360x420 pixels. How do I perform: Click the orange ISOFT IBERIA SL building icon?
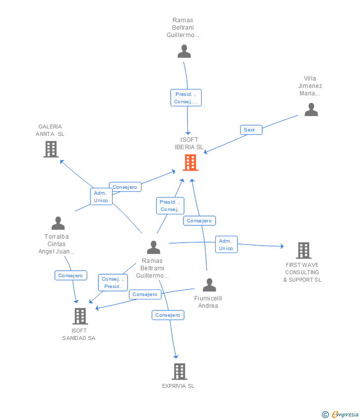[x=190, y=163]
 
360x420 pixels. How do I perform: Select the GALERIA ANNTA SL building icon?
[x=51, y=149]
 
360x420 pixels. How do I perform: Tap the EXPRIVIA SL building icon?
[x=180, y=372]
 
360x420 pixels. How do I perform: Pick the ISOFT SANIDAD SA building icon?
[x=80, y=316]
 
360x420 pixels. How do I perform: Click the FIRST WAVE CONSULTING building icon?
[x=303, y=251]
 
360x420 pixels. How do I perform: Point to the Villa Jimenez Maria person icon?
[x=311, y=110]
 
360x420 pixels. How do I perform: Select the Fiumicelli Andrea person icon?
[x=209, y=285]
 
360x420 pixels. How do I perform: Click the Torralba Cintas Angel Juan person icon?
[x=58, y=223]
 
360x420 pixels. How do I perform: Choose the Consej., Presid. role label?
[x=112, y=283]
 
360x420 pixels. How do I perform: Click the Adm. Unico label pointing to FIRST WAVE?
[x=226, y=245]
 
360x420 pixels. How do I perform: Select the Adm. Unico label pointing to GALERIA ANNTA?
[x=101, y=197]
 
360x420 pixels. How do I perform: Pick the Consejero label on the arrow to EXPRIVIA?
[x=168, y=315]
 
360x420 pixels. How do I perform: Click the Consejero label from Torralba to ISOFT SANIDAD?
[x=71, y=276]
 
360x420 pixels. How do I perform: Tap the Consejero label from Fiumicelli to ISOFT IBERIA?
[x=199, y=221]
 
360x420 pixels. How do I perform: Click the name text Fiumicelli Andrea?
[x=208, y=302]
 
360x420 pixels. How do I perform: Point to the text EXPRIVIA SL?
[x=178, y=386]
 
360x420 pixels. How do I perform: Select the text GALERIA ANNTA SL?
[x=50, y=130]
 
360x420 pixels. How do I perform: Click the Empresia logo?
[x=345, y=415]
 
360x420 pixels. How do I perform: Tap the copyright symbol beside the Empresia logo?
[x=325, y=415]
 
